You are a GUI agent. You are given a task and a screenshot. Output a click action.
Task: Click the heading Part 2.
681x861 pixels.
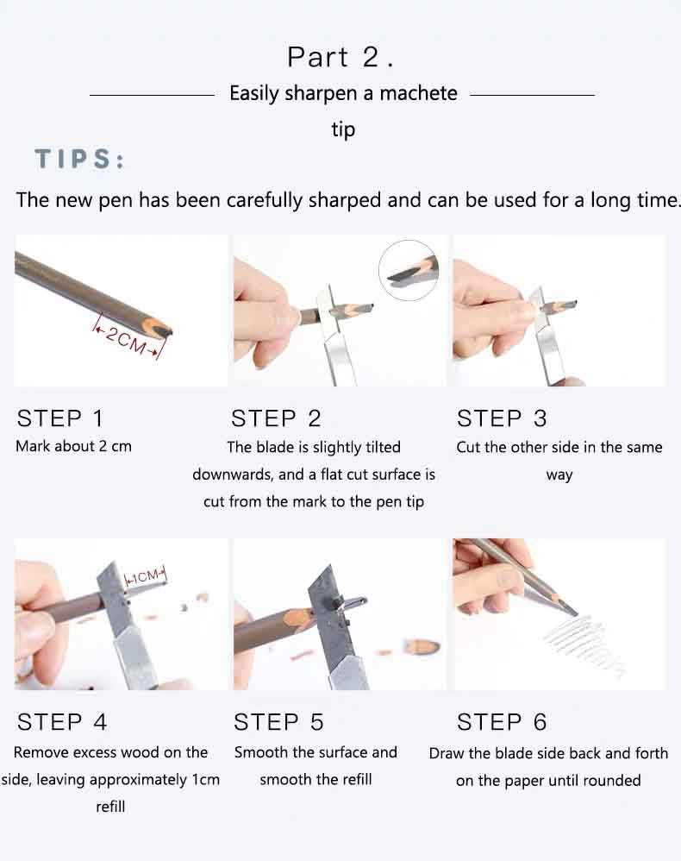pos(340,57)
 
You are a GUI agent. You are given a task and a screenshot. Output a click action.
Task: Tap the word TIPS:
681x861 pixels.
pos(80,160)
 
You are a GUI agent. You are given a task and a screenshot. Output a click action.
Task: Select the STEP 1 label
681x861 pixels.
pos(60,418)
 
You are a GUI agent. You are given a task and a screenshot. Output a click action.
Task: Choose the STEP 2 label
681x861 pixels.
pos(276,418)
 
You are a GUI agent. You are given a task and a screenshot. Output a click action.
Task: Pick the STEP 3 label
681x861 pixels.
pos(502,418)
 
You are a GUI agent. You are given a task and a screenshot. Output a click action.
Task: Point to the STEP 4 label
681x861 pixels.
pos(62,722)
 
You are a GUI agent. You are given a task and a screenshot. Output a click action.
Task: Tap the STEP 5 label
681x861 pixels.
pos(278,722)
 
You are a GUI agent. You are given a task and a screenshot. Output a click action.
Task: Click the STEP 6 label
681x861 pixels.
pos(502,722)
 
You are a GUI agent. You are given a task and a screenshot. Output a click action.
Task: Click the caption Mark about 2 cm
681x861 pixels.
pos(74,447)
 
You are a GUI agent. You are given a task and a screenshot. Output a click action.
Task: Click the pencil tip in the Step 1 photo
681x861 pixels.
pos(164,329)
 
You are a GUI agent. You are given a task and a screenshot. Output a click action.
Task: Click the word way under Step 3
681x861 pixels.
pos(559,475)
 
